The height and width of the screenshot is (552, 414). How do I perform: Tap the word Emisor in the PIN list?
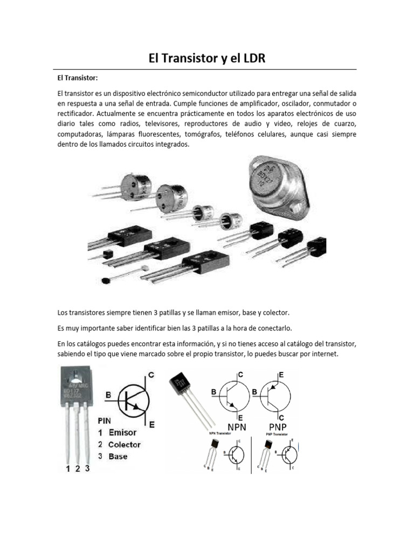[x=123, y=432]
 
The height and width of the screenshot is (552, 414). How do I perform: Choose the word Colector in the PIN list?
[x=125, y=445]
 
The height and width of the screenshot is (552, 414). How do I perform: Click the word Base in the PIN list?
[x=118, y=457]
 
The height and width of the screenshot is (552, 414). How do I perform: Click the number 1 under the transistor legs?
[x=68, y=469]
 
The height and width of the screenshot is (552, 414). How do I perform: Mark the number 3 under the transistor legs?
[x=87, y=469]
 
